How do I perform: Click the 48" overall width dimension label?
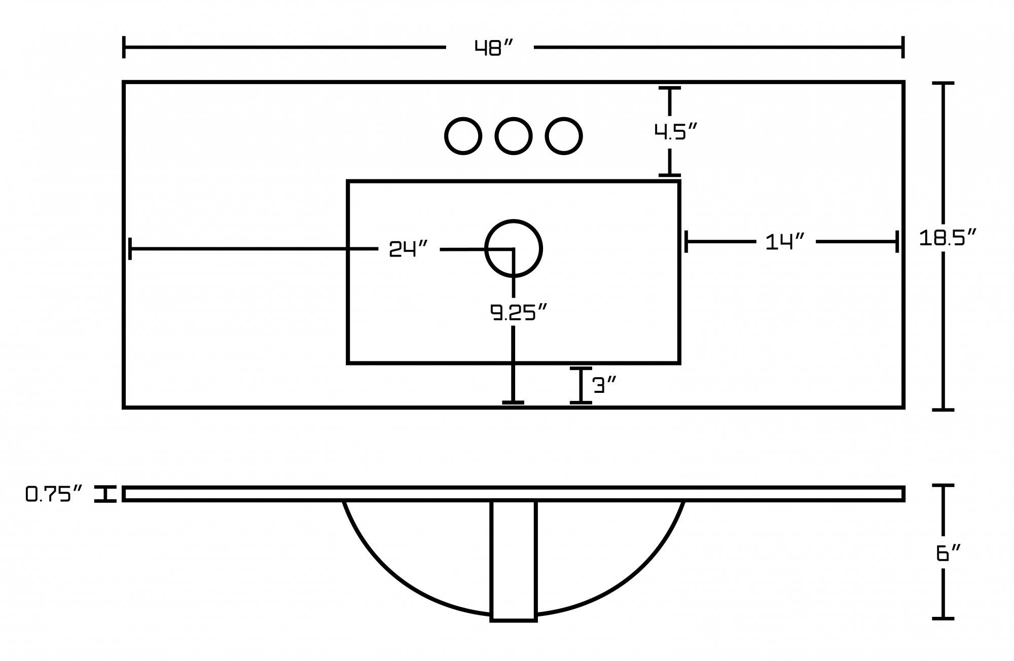pyautogui.click(x=494, y=48)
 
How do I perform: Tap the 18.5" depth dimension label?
pyautogui.click(x=947, y=238)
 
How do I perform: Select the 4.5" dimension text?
pyautogui.click(x=675, y=132)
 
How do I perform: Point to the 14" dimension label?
pyautogui.click(x=784, y=242)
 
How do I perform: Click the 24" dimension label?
pyautogui.click(x=408, y=249)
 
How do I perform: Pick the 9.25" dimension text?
pyautogui.click(x=519, y=312)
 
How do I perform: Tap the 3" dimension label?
pyautogui.click(x=604, y=385)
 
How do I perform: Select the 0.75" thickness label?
pyautogui.click(x=54, y=494)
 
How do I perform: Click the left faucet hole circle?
pyautogui.click(x=463, y=136)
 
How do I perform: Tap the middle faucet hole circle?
pyautogui.click(x=513, y=136)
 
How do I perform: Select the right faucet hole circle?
pyautogui.click(x=563, y=136)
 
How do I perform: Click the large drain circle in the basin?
pyautogui.click(x=513, y=248)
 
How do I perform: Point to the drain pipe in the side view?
pyautogui.click(x=513, y=560)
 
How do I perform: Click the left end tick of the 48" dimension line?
pyautogui.click(x=124, y=47)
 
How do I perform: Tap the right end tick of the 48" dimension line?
pyautogui.click(x=902, y=47)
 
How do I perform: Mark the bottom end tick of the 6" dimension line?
pyautogui.click(x=943, y=618)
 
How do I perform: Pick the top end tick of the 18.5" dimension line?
pyautogui.click(x=943, y=83)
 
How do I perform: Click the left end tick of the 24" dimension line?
pyautogui.click(x=130, y=248)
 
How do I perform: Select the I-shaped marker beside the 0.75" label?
pyautogui.click(x=105, y=494)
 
